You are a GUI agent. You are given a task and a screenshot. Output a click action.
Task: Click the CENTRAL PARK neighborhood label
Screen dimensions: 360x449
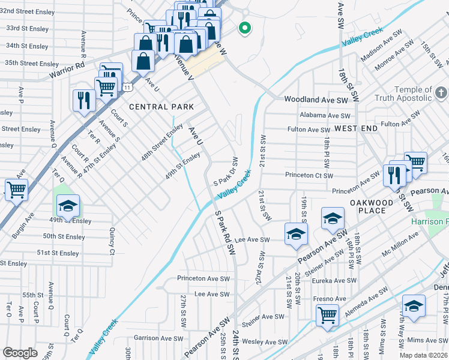[x=161, y=107]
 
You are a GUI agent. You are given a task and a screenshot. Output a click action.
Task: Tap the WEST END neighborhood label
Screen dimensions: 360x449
[x=356, y=128]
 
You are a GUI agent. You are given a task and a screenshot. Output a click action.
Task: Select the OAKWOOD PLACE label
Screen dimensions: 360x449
[x=372, y=206]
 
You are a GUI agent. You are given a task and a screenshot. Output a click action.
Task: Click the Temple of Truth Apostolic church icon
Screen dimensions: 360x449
[x=441, y=92]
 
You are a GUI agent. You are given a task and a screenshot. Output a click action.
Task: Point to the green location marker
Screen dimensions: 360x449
[x=244, y=27]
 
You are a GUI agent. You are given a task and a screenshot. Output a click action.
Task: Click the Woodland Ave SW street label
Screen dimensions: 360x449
[x=316, y=100]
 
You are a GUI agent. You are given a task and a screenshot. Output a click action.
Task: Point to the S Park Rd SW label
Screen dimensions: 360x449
[x=223, y=227]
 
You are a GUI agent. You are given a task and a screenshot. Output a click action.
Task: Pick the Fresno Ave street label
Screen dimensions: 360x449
[x=330, y=298]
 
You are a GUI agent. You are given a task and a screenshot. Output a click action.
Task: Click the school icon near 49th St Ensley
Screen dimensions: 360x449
[x=68, y=206]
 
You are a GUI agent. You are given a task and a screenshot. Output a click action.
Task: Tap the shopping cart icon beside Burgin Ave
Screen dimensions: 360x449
[x=16, y=190]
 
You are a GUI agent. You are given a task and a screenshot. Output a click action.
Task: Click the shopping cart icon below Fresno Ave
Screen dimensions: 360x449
[x=327, y=314]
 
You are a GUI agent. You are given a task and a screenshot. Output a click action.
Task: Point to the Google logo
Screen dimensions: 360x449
[x=20, y=353]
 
